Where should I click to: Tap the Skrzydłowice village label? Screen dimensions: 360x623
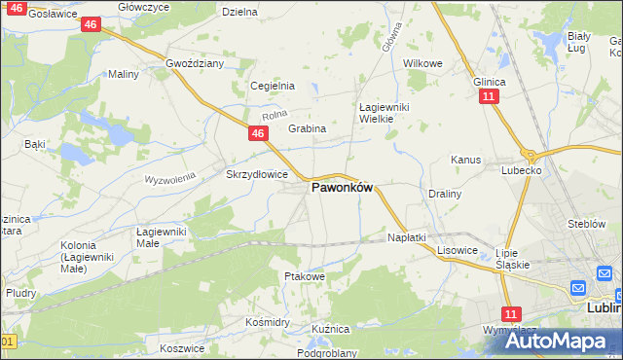(257, 174)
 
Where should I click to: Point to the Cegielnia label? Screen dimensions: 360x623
(273, 86)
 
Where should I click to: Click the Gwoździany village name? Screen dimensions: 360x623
(195, 62)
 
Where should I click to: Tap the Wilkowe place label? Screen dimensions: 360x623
(422, 62)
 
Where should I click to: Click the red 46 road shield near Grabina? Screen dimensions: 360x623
(257, 133)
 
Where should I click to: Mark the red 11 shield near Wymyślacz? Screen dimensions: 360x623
(512, 313)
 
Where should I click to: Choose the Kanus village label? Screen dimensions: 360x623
(465, 159)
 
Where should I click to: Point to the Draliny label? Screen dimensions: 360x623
(444, 194)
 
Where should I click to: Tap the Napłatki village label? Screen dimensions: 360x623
(407, 237)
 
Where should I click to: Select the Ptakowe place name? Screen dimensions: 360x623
(304, 276)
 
